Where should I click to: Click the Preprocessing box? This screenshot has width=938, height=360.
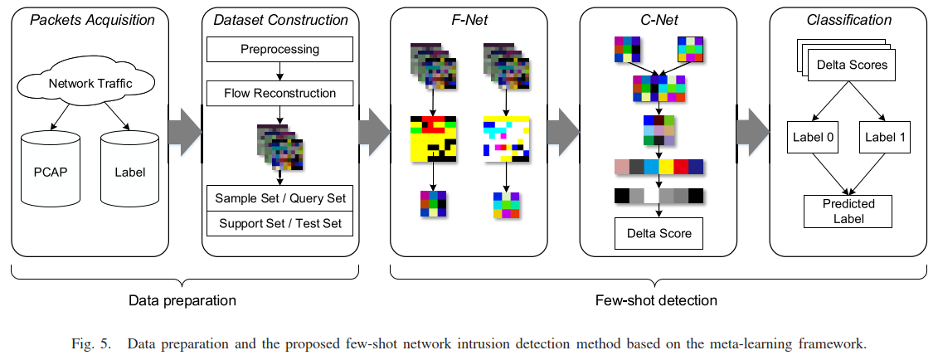[x=279, y=50]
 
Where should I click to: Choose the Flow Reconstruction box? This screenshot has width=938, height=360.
[x=279, y=93]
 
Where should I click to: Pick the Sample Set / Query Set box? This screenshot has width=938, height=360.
[x=279, y=198]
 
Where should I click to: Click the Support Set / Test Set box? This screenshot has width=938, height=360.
[x=279, y=223]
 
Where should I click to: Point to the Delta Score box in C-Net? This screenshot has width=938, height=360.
[x=659, y=233]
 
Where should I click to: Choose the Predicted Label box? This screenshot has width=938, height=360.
[x=848, y=212]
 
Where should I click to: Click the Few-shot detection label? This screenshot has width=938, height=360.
[x=656, y=299]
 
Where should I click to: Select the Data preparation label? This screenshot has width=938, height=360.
[x=182, y=299]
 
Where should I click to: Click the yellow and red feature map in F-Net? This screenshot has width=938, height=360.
[x=432, y=138]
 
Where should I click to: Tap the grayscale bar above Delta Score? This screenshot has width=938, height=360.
[x=659, y=197]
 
